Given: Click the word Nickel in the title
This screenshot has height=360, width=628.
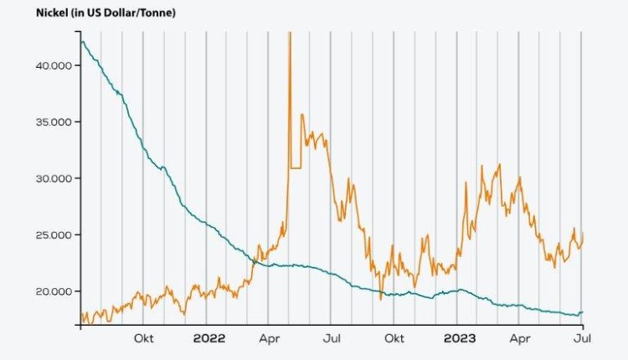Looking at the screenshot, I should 27,13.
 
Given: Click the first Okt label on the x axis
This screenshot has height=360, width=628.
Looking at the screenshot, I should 143,339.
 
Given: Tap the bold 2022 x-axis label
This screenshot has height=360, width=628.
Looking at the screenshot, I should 209,339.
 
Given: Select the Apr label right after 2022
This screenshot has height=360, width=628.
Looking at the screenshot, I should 269,339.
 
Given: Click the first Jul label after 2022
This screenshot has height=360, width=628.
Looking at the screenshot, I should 332,339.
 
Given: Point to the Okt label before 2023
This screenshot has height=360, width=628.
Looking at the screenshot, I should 394,339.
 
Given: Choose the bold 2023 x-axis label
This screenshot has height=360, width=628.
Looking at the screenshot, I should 460,339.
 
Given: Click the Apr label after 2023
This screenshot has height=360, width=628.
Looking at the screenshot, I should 520,339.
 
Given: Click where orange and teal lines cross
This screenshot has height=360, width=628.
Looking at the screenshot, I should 255,261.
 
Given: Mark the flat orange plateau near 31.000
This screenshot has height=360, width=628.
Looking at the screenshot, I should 295,167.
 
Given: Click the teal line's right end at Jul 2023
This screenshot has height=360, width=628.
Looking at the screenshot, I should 582,312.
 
